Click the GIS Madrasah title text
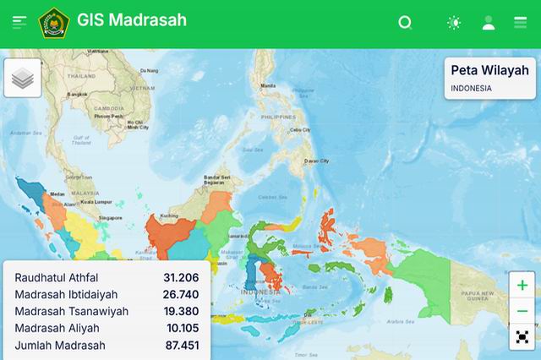[x=131, y=19]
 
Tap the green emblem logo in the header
[x=54, y=23]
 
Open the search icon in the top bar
[x=405, y=23]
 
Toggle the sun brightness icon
[x=454, y=23]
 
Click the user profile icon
[x=489, y=23]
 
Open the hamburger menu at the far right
[x=520, y=23]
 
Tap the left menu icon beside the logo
[x=19, y=23]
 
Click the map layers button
[x=23, y=79]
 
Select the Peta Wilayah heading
[x=489, y=70]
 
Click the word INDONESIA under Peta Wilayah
[x=471, y=88]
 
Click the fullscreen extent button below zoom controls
[x=522, y=337]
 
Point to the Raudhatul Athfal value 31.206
[x=181, y=277]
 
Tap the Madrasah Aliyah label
[x=57, y=328]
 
